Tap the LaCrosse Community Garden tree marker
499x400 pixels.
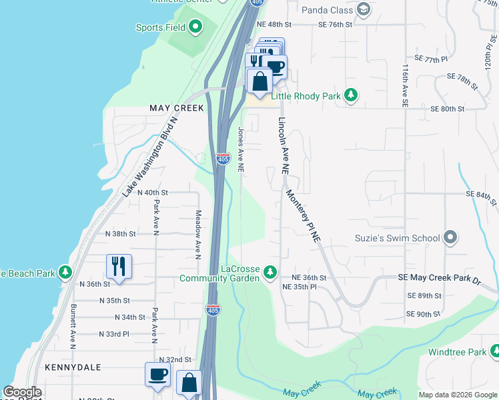point(270,271)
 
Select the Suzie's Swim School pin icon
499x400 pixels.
point(451,238)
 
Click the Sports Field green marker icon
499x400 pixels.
point(195,27)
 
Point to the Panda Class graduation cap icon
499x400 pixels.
point(364,9)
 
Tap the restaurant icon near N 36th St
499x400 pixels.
point(119,265)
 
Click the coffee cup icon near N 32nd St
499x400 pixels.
point(158,374)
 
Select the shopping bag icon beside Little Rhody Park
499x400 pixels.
point(260,81)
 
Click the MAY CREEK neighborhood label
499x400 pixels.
point(177,108)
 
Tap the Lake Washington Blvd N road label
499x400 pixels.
point(149,157)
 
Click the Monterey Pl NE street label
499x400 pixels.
point(304,216)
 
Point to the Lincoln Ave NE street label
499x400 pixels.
point(283,146)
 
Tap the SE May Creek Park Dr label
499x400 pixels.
point(439,277)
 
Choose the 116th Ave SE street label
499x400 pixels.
point(405,85)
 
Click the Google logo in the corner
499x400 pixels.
point(21,392)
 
